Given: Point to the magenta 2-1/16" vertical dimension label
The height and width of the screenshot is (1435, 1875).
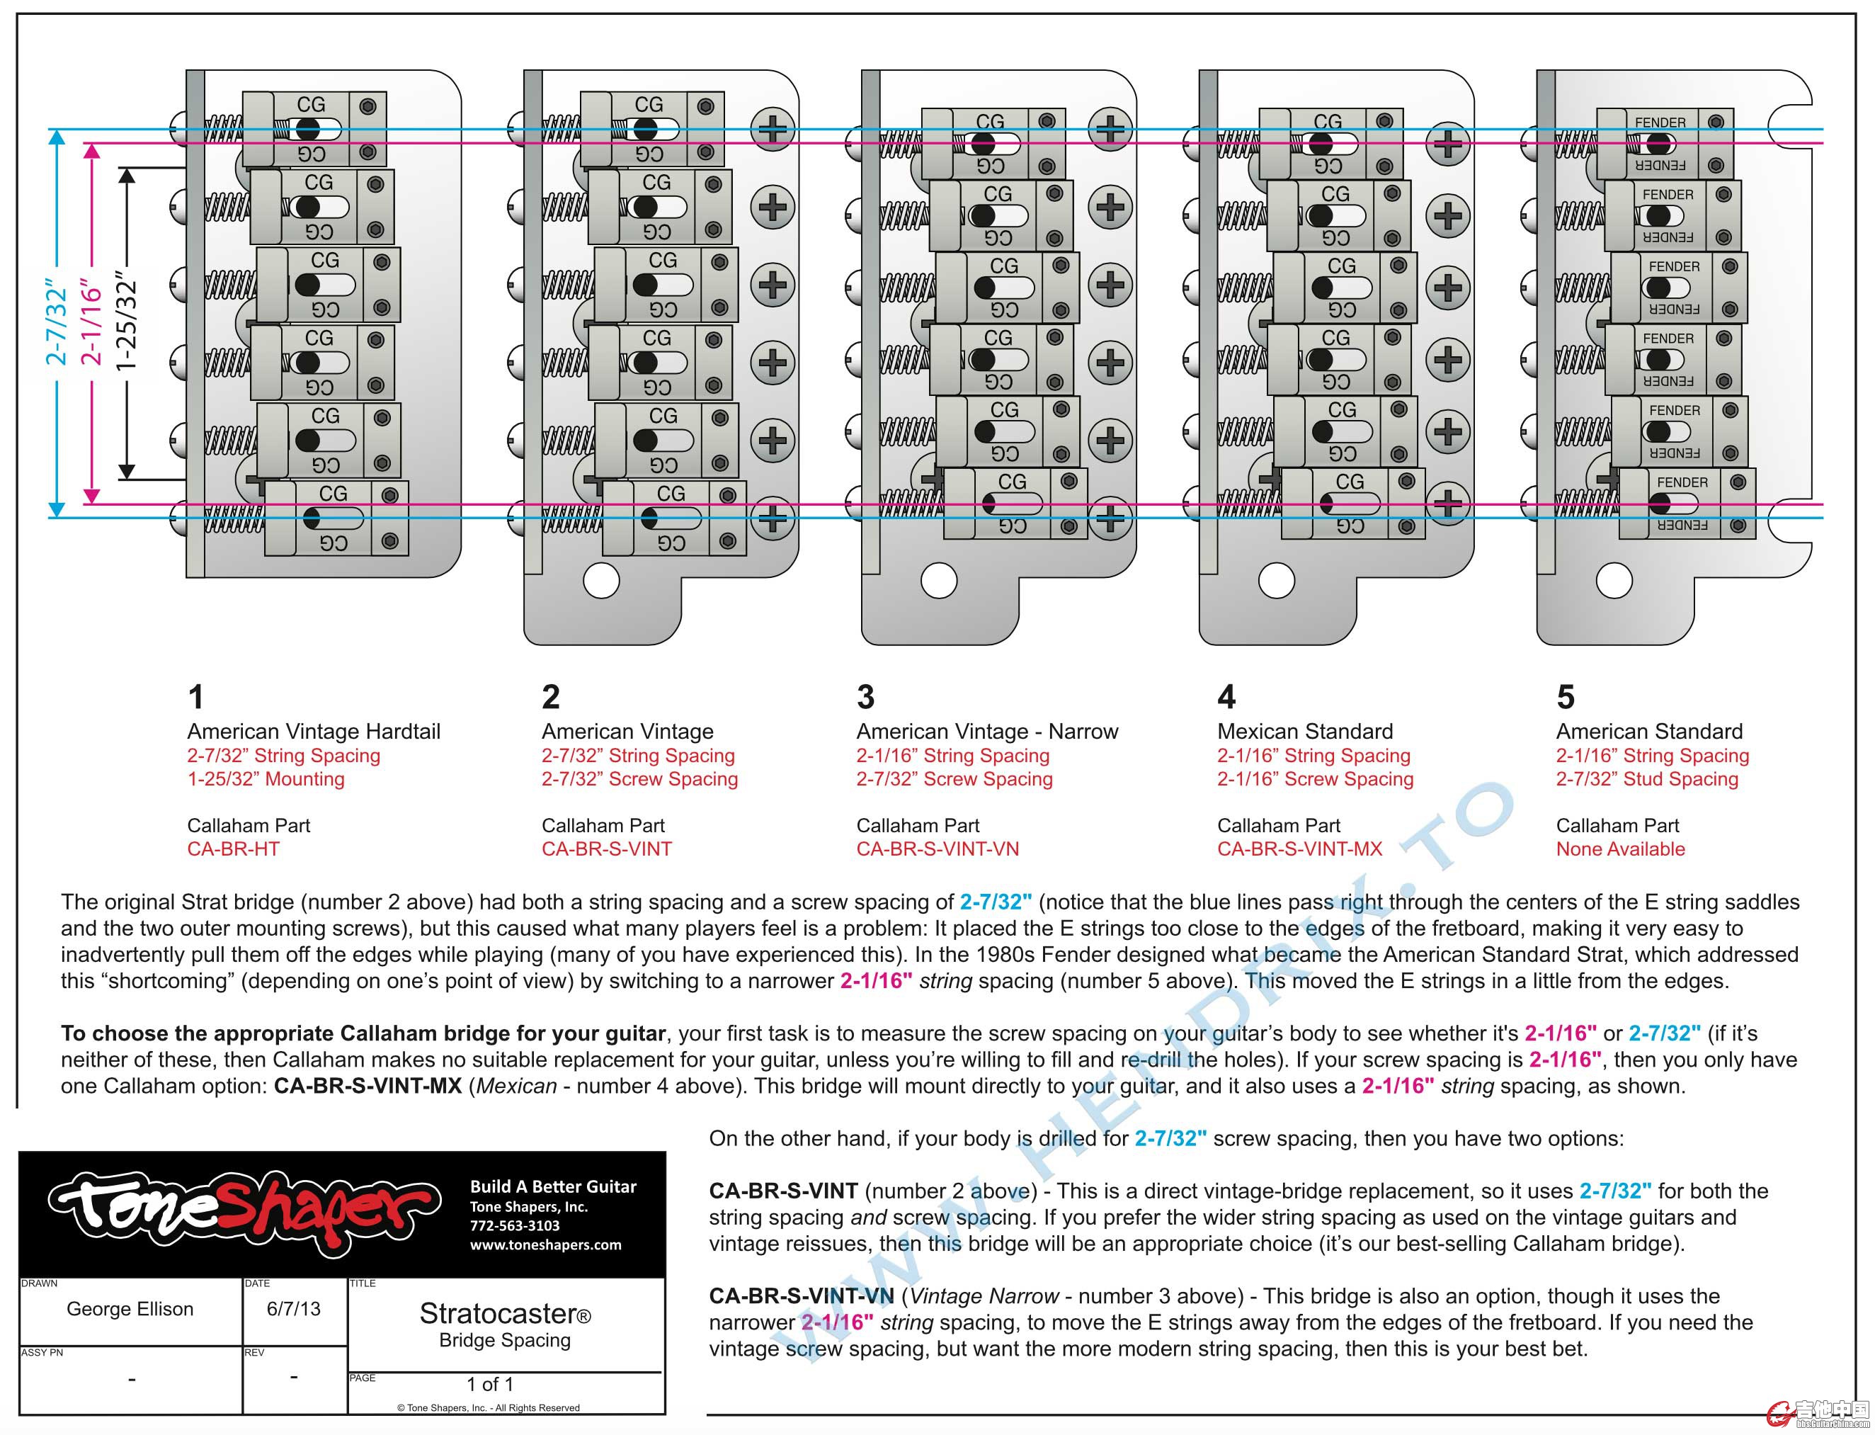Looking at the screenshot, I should pyautogui.click(x=91, y=322).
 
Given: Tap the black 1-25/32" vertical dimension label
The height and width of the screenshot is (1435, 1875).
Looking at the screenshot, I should pyautogui.click(x=126, y=322).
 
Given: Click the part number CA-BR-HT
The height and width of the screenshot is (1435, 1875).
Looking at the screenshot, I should pyautogui.click(x=233, y=849).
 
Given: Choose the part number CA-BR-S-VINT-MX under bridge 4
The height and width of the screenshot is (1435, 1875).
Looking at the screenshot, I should pyautogui.click(x=1299, y=849).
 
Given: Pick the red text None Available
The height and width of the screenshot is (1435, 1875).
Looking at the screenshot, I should pyautogui.click(x=1619, y=849).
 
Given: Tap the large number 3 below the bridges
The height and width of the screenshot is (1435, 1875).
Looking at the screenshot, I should pyautogui.click(x=865, y=697).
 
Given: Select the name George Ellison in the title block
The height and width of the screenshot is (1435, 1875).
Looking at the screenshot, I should pyautogui.click(x=130, y=1309).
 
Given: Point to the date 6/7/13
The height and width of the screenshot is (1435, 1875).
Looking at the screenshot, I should pyautogui.click(x=294, y=1309).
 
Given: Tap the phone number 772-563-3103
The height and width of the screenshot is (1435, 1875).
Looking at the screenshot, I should pyautogui.click(x=514, y=1226).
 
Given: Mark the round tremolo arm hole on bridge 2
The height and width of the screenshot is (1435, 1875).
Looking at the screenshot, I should pyautogui.click(x=601, y=582).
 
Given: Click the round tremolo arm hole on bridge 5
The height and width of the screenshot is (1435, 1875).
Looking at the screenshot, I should pyautogui.click(x=1614, y=582).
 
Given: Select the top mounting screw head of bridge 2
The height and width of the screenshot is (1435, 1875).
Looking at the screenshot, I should pyautogui.click(x=773, y=129).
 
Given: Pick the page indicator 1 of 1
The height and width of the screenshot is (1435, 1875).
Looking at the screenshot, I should pyautogui.click(x=490, y=1384).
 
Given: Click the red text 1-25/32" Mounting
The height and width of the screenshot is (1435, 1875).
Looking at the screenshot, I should pyautogui.click(x=266, y=779).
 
